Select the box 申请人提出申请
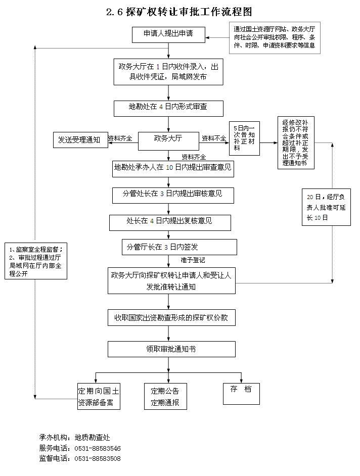point(168,35)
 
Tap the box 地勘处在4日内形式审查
point(168,109)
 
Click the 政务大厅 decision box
point(168,141)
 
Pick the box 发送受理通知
point(80,140)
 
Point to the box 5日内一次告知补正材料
point(244,138)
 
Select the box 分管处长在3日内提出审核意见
point(173,196)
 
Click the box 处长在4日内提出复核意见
point(170,223)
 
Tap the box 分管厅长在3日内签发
point(179,247)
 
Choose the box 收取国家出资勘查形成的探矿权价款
point(171,318)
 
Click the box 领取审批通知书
point(171,349)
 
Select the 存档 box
point(242,394)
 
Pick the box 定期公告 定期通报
point(165,397)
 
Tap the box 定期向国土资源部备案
point(99,397)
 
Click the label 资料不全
point(214,138)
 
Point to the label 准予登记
point(193,260)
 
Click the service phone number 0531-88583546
point(98,448)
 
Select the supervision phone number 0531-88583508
point(98,458)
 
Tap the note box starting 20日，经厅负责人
point(326,207)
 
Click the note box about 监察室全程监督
point(36,261)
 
